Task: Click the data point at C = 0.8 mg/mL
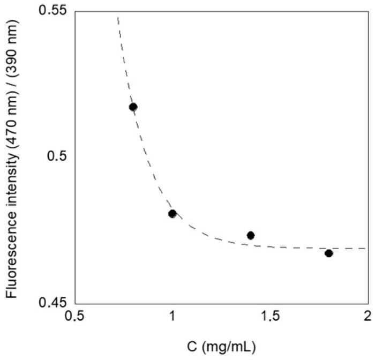coord(133,107)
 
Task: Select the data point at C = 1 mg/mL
coord(172,213)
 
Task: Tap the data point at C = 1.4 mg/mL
coord(250,235)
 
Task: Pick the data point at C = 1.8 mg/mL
coord(329,253)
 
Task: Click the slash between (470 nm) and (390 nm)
coord(13,109)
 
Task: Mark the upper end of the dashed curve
coord(117,17)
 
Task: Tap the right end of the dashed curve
coord(366,249)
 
